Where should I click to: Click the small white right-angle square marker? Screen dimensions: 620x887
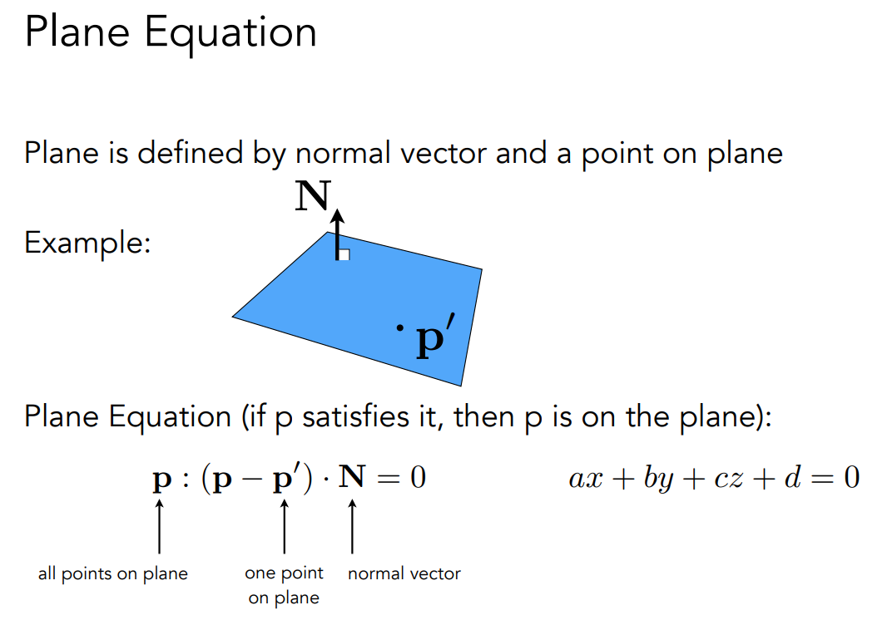point(344,254)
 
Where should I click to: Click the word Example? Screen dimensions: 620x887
point(87,244)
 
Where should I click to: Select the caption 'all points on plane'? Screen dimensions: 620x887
point(113,573)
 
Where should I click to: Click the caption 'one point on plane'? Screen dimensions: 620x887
point(284,585)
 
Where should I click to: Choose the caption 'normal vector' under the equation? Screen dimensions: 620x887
point(404,573)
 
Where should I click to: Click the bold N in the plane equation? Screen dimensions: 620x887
point(353,480)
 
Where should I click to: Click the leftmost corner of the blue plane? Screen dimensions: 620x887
point(234,316)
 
